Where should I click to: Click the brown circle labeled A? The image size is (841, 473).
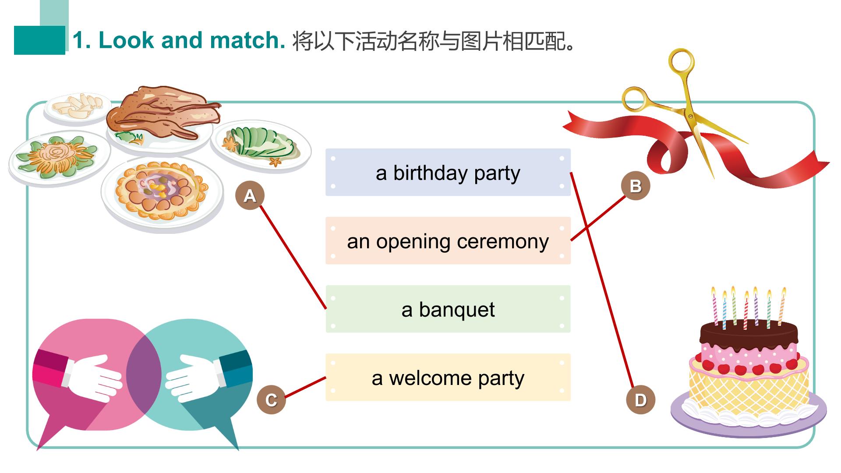[x=250, y=195]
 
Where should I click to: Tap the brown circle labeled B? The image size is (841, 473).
[x=636, y=186]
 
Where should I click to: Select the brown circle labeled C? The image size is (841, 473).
[x=271, y=400]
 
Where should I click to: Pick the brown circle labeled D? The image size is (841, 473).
[x=640, y=400]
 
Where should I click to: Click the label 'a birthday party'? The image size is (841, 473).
[x=448, y=173]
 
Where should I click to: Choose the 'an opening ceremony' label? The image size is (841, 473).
[x=448, y=241]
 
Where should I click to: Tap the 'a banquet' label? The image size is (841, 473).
[x=448, y=309]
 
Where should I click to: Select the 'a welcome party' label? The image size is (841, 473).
[x=448, y=378]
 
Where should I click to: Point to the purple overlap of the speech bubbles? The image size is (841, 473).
[x=144, y=374]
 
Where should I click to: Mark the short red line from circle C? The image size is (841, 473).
[x=305, y=387]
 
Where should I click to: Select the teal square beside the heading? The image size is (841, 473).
[x=39, y=40]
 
